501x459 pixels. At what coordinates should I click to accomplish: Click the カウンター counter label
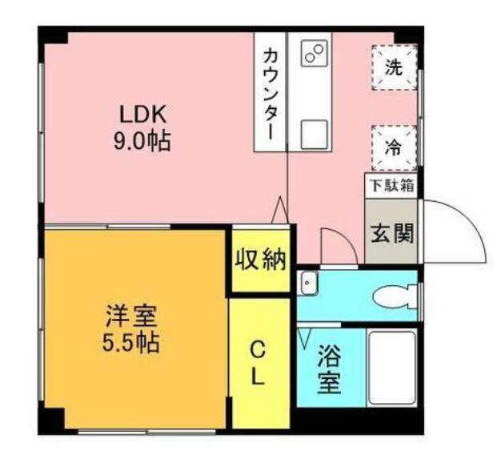coord(271,93)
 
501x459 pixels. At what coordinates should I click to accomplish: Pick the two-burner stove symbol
coord(311,53)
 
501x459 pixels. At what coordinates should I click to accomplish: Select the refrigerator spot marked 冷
coord(394,147)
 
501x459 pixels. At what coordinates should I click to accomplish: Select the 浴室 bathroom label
coord(327,368)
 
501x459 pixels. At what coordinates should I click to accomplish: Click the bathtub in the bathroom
coord(391,368)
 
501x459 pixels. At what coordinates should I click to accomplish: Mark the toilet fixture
coord(397,296)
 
